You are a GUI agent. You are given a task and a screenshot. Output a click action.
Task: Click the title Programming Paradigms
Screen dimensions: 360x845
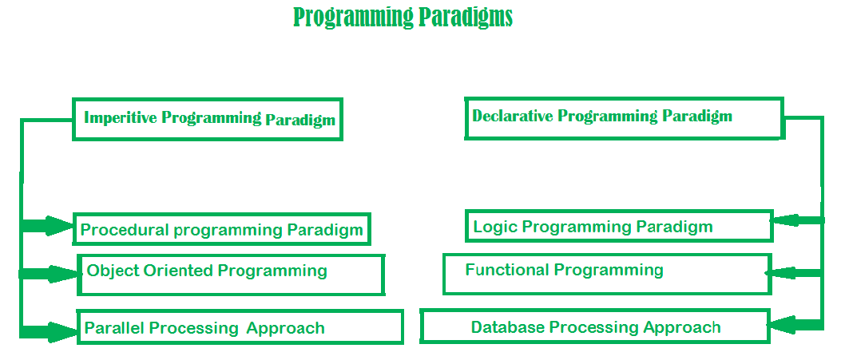tap(403, 18)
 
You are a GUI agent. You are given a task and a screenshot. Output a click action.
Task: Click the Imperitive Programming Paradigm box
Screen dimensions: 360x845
tap(208, 119)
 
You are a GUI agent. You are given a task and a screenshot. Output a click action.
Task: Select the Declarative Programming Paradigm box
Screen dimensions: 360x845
tap(624, 117)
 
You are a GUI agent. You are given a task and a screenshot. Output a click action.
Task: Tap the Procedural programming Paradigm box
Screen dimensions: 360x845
tap(222, 230)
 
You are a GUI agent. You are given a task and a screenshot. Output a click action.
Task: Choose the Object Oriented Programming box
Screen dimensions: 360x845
tap(231, 274)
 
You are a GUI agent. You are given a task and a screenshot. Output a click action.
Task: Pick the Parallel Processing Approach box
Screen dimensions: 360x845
tap(239, 327)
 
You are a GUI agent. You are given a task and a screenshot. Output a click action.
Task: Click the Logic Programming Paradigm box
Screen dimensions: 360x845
tap(619, 226)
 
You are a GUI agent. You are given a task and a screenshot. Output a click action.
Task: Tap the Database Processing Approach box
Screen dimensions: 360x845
tap(595, 327)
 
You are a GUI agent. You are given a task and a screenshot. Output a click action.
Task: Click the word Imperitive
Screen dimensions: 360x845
tap(121, 118)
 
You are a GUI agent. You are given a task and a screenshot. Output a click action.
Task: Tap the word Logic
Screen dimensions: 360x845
tap(490, 227)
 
